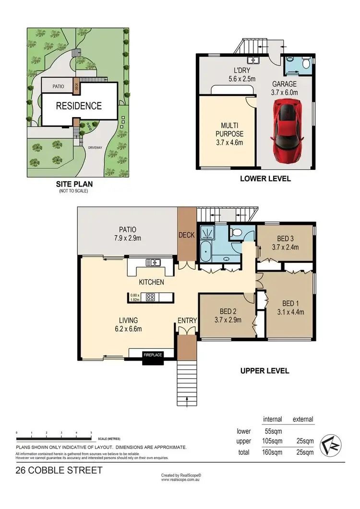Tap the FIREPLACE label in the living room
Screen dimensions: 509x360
153,355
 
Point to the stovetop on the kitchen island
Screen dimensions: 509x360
150,297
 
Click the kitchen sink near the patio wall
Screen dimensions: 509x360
154,262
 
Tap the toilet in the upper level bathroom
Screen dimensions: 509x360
235,233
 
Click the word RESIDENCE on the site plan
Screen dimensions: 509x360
79,106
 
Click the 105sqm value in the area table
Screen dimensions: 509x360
273,441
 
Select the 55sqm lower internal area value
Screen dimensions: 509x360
273,431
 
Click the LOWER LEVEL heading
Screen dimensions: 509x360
265,179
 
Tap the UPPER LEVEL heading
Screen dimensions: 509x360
264,370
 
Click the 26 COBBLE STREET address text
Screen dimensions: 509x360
59,470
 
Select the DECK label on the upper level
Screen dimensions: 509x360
186,235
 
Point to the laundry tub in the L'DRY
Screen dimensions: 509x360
253,61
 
